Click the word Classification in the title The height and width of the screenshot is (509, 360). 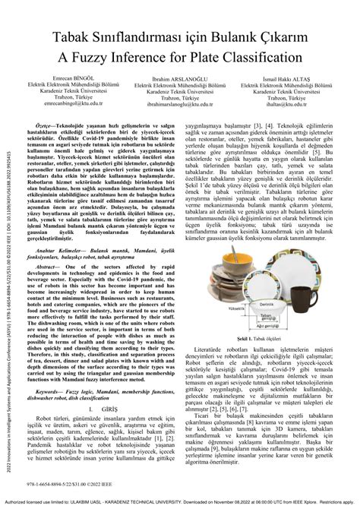pos(258,58)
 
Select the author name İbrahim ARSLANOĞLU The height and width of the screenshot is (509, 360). pos(182,78)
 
